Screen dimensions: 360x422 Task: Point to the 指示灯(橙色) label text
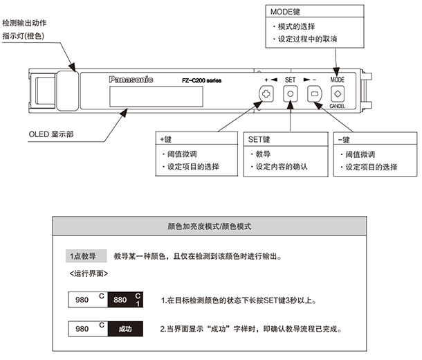[x=28, y=34]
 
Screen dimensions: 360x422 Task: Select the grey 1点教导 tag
[x=82, y=256]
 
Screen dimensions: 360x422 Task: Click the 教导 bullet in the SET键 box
[x=264, y=154]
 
